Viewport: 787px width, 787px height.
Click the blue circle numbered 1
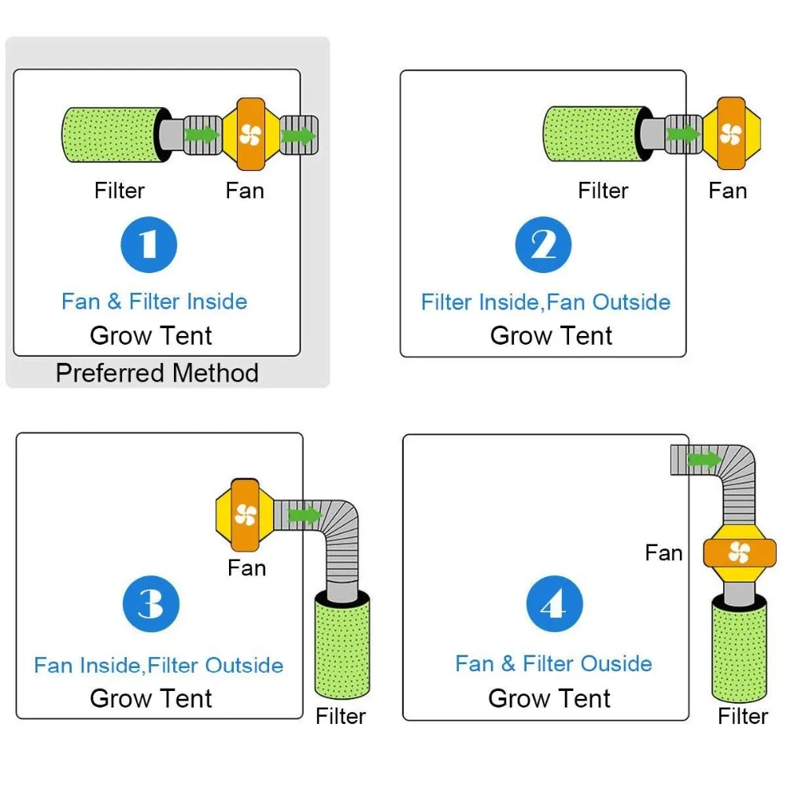(149, 245)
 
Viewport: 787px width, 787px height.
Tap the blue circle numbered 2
(543, 245)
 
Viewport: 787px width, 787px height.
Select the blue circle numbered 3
(151, 604)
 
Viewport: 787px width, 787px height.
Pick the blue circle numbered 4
(555, 604)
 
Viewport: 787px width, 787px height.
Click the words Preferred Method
(157, 373)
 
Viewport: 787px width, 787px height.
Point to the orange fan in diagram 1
(251, 135)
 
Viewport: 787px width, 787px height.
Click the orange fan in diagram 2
(731, 134)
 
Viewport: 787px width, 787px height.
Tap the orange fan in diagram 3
(245, 515)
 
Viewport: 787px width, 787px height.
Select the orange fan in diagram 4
(739, 553)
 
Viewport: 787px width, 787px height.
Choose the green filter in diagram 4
(739, 648)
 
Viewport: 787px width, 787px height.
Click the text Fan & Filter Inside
(154, 301)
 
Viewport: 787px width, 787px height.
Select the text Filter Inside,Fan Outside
(545, 302)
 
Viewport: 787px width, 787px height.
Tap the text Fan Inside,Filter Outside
(159, 666)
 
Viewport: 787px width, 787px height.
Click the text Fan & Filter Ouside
(553, 663)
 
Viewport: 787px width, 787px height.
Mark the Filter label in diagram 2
(603, 190)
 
